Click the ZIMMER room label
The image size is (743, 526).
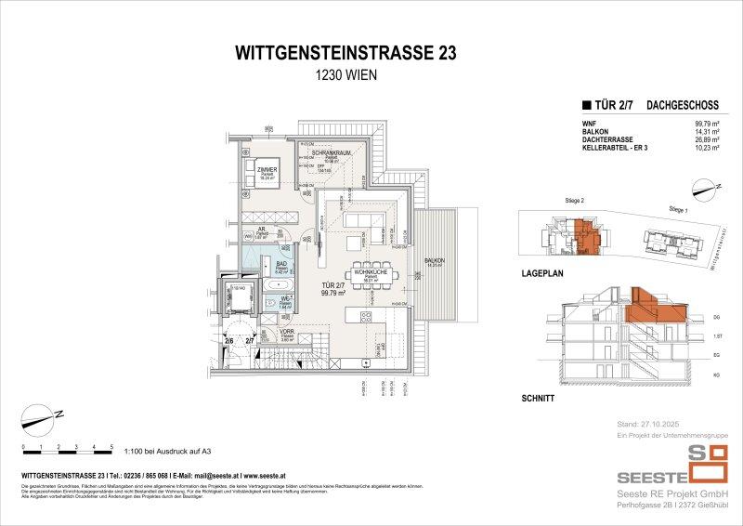tap(254, 169)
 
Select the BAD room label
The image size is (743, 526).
tap(280, 264)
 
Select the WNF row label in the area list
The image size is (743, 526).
tap(588, 122)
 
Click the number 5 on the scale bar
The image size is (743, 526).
tap(111, 447)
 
